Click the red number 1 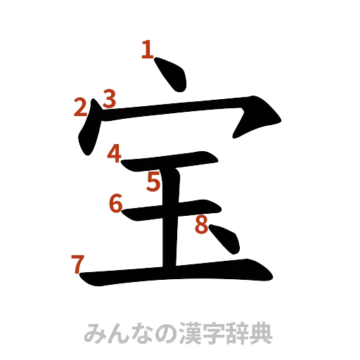tap(147, 50)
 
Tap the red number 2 tap(82, 108)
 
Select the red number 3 tap(109, 97)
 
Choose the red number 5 tap(154, 183)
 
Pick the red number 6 tap(116, 204)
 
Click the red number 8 tap(201, 225)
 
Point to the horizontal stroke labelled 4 tap(169, 165)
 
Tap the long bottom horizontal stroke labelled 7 tap(176, 274)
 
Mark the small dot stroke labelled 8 tap(226, 241)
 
